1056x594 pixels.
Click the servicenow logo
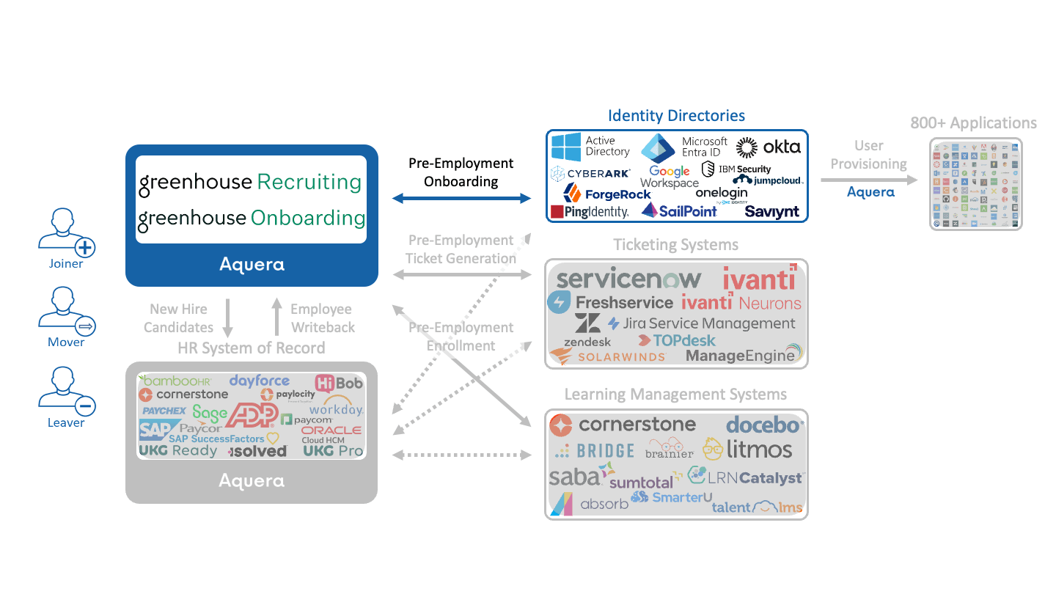(x=628, y=279)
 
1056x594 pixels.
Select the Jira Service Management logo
(x=702, y=323)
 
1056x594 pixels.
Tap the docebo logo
(x=765, y=425)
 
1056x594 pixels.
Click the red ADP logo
(x=251, y=416)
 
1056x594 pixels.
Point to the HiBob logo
(x=339, y=383)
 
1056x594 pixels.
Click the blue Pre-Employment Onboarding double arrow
(x=461, y=198)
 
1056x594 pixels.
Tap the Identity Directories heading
(x=676, y=116)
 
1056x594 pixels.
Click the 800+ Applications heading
(x=973, y=123)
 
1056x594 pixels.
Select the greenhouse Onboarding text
(x=252, y=218)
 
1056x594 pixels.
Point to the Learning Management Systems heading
(x=675, y=395)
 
